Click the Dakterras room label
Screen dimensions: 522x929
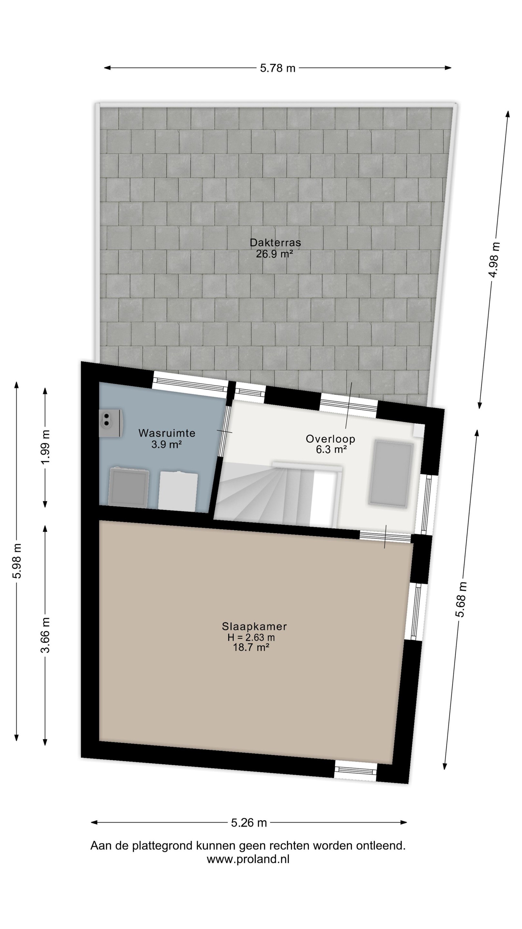275,242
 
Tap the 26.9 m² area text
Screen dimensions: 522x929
274,254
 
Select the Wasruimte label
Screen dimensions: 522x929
167,433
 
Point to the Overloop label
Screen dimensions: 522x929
330,439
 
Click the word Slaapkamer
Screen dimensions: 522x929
254,626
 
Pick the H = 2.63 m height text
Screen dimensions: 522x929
251,637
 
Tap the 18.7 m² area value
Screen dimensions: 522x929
251,647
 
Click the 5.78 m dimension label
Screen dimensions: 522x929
277,68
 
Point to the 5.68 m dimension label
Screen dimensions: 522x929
461,599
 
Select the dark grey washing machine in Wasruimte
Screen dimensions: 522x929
129,488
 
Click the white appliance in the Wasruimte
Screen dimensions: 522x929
178,491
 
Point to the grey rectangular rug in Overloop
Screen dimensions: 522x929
391,474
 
